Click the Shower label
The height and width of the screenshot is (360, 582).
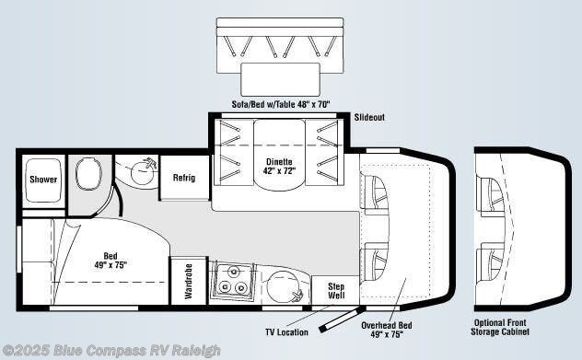pyautogui.click(x=42, y=179)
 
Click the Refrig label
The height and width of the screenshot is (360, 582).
pyautogui.click(x=184, y=177)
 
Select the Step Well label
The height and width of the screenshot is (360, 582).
pyautogui.click(x=336, y=290)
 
